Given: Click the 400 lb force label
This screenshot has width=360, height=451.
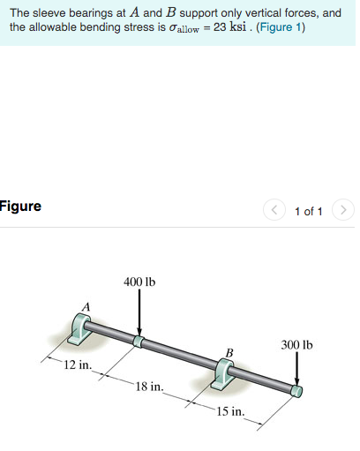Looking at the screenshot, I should click(139, 282).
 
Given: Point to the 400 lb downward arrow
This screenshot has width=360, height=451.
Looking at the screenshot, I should click(139, 313).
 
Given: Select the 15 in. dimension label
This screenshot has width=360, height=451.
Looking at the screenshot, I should click(231, 411).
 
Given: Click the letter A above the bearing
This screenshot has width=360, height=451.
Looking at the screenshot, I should click(86, 306).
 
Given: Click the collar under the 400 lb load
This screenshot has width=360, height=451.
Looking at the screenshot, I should click(139, 341).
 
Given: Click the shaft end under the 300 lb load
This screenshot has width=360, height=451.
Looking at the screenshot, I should click(297, 390).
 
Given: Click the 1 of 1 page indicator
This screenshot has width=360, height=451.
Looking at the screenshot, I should click(308, 211).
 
